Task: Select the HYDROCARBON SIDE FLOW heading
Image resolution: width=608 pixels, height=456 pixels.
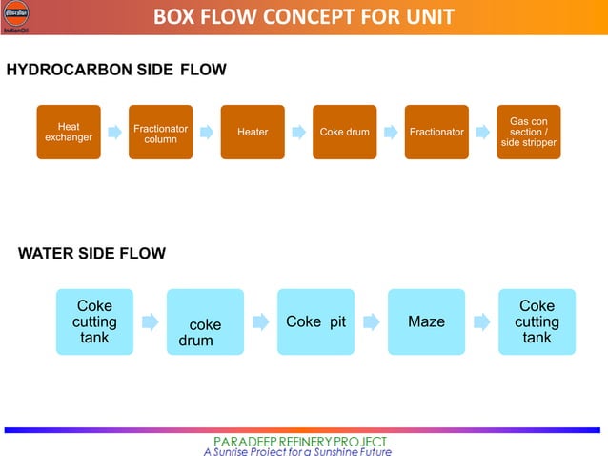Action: (x=116, y=71)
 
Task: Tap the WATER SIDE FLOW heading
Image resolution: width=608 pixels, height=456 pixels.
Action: (x=91, y=253)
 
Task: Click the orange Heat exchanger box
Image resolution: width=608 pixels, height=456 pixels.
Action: (x=69, y=132)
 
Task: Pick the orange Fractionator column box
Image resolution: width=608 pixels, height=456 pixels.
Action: (x=160, y=133)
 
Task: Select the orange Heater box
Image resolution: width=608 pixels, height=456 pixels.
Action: (x=253, y=132)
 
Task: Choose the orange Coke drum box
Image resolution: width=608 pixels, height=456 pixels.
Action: (x=345, y=132)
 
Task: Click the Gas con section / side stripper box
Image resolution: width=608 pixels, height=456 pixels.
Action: (x=529, y=132)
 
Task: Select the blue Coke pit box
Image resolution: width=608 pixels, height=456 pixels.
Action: (x=315, y=322)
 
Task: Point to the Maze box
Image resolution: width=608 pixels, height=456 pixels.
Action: (x=426, y=322)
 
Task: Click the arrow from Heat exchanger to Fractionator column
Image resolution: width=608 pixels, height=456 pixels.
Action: (x=114, y=132)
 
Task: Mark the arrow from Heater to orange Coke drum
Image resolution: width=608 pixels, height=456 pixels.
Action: (x=299, y=132)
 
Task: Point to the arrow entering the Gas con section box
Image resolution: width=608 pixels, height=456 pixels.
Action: (x=483, y=132)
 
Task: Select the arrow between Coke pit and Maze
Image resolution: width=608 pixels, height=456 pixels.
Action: (x=371, y=322)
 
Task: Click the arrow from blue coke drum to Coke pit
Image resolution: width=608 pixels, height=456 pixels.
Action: (x=260, y=322)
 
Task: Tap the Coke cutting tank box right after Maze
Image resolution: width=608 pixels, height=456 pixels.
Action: (x=537, y=322)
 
